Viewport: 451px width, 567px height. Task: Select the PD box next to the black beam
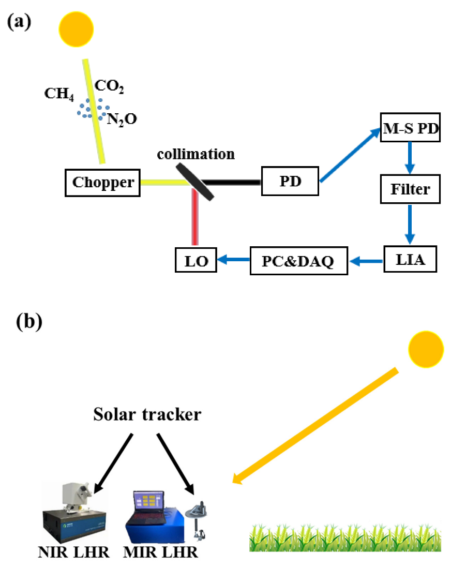(290, 181)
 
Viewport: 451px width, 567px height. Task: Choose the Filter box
(410, 189)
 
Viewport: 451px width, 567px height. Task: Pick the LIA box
(410, 260)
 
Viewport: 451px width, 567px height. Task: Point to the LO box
(196, 261)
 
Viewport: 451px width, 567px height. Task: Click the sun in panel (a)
(77, 29)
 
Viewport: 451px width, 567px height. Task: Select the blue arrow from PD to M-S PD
(350, 155)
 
